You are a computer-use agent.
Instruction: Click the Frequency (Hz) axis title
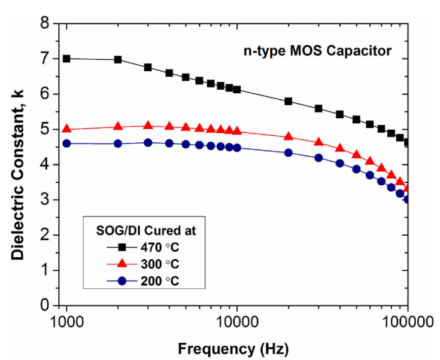[237, 347]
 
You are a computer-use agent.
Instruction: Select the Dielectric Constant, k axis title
[18, 165]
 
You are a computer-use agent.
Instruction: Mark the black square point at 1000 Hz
[66, 59]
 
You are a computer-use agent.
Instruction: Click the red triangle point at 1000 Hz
[66, 129]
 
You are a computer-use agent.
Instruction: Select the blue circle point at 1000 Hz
[66, 144]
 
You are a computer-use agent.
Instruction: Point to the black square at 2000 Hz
[118, 60]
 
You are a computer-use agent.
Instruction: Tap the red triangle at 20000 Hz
[289, 136]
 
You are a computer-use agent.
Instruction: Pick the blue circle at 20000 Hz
[289, 152]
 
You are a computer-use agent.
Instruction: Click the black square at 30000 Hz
[318, 108]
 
